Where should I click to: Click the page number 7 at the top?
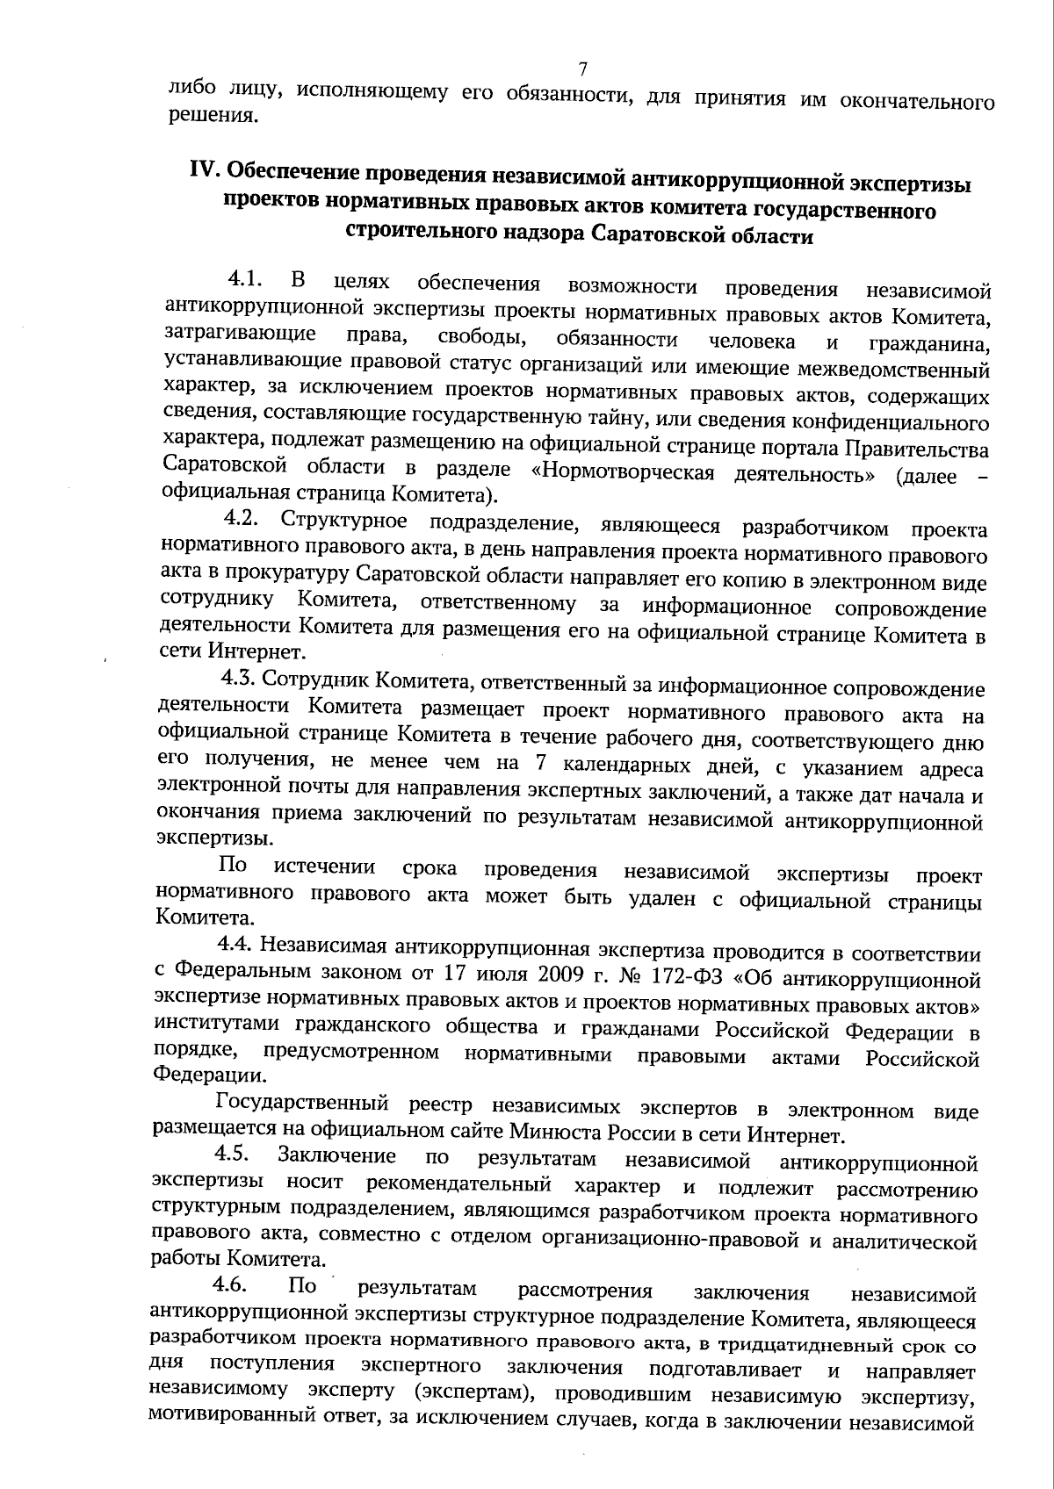tap(582, 68)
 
